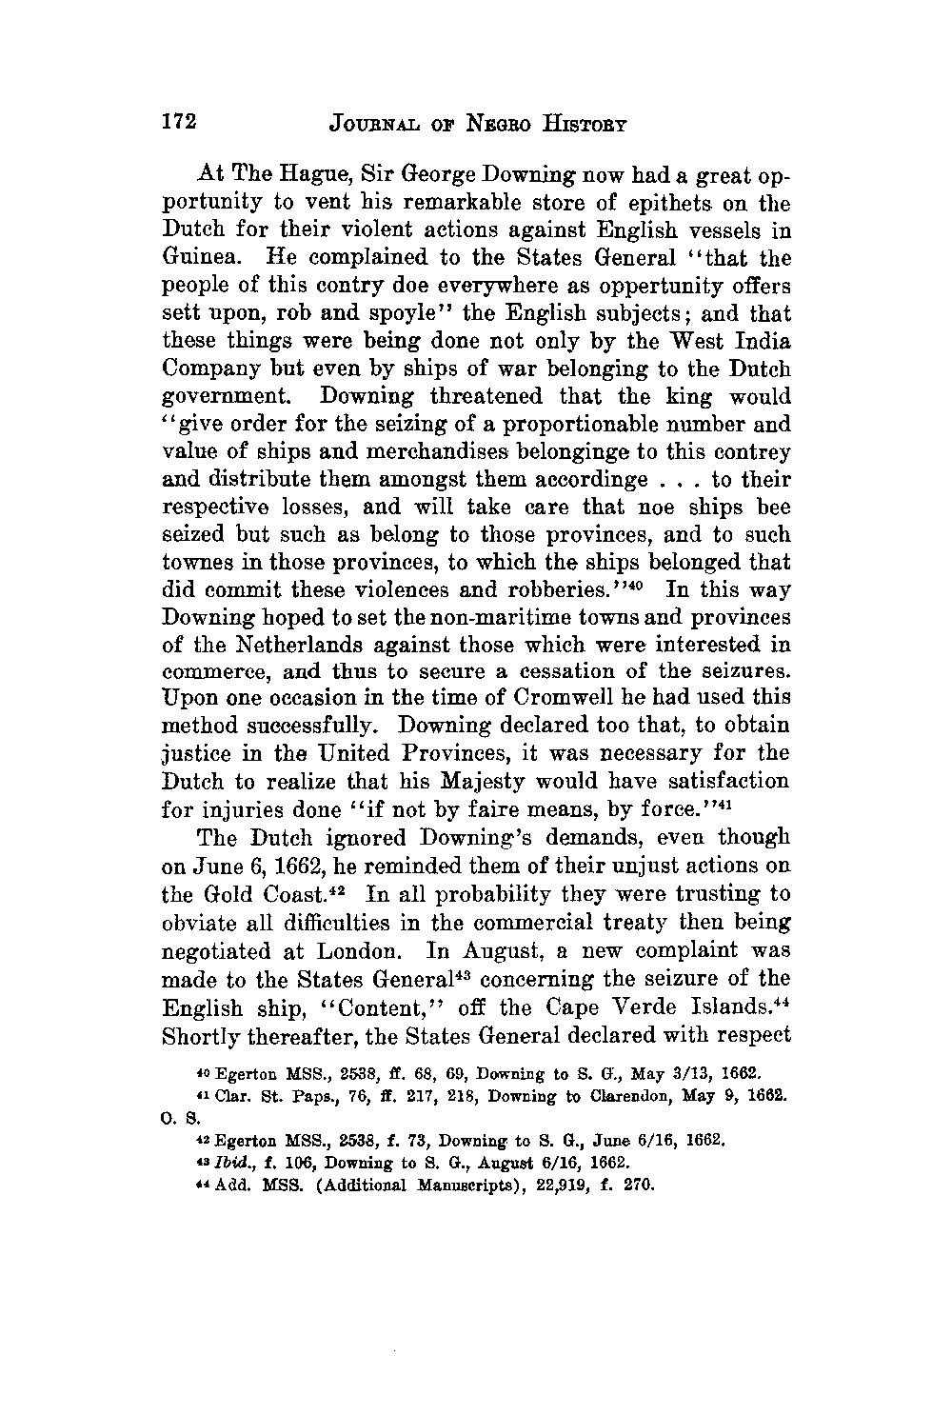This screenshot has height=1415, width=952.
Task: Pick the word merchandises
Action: point(414,452)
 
